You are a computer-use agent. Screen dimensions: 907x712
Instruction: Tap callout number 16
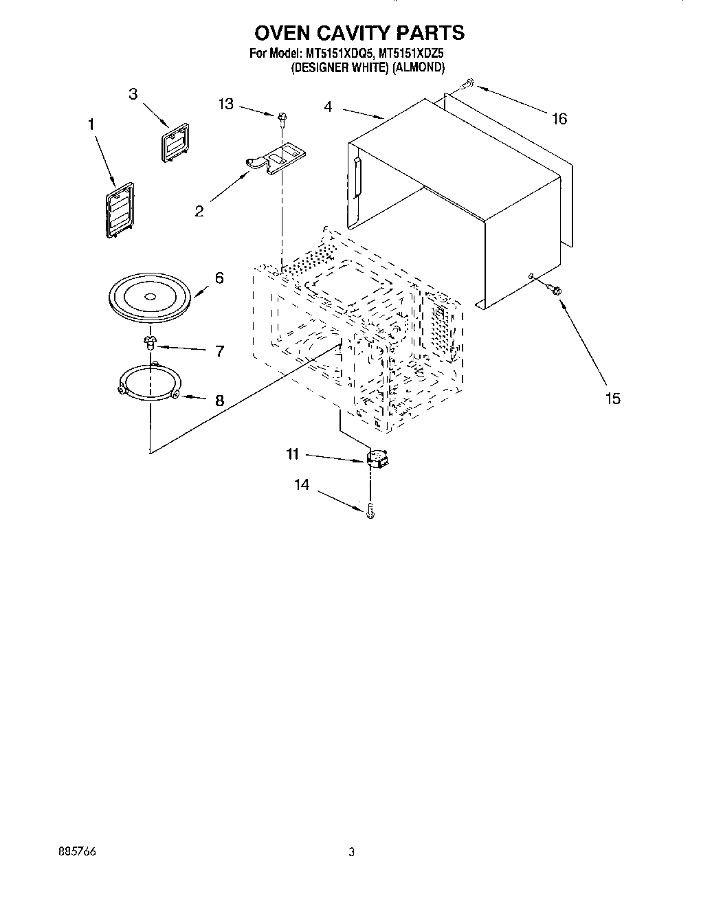point(559,119)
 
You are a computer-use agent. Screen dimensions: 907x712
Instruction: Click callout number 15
point(612,398)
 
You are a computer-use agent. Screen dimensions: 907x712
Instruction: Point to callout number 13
point(226,104)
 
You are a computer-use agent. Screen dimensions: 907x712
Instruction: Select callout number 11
point(293,453)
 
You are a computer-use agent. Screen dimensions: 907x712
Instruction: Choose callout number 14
point(302,485)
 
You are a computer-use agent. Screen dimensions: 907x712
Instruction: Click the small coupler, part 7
point(150,341)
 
